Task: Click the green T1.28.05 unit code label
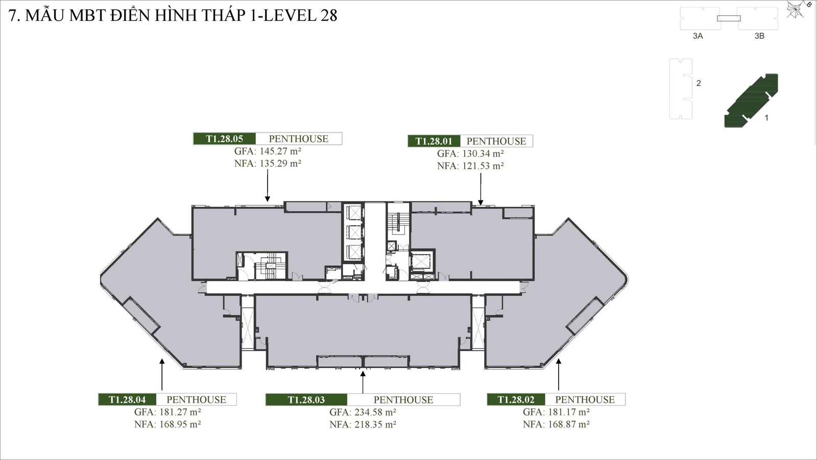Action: click(x=224, y=139)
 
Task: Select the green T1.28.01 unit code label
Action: click(x=434, y=141)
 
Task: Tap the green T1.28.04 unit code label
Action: click(x=127, y=400)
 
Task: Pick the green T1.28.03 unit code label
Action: click(x=306, y=400)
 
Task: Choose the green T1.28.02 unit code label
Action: click(x=516, y=400)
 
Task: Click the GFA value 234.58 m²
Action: click(x=363, y=412)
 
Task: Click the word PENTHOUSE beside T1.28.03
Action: click(x=403, y=400)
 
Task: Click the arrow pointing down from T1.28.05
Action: click(x=268, y=186)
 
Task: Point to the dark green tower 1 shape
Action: click(x=751, y=101)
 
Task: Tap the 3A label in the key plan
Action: click(x=698, y=36)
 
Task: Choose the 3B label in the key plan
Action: click(x=759, y=36)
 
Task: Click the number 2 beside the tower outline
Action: click(x=699, y=83)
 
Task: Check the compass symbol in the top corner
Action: click(x=796, y=9)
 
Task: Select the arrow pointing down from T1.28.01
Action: click(x=480, y=189)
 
